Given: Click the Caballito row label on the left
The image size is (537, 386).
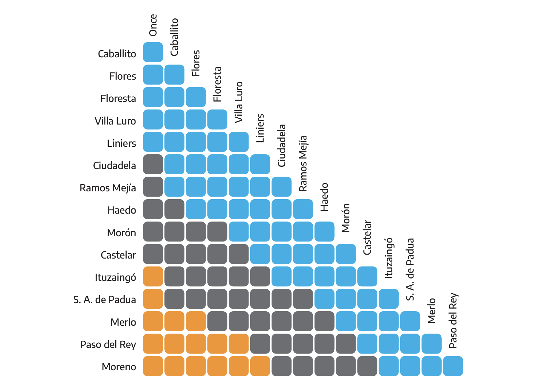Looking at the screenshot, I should pos(117,54).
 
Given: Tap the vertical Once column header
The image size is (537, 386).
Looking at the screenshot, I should pos(153,25).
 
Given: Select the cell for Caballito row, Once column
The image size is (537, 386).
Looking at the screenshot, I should pos(153,52).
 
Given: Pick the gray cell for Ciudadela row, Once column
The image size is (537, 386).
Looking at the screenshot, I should pos(153,164).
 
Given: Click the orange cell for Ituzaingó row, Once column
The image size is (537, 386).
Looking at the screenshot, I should pos(153,276).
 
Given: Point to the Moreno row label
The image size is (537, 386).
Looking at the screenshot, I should pos(119,367).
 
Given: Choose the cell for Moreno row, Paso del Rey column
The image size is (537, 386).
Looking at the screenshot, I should pos(453,366).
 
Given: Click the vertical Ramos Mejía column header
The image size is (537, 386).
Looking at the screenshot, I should pos(303,163).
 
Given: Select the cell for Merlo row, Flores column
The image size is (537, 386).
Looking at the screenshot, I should pos(196,321).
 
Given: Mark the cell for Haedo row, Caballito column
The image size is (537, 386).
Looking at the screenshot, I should pos(174,209).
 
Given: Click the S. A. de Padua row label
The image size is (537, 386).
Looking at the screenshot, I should pos(104,299).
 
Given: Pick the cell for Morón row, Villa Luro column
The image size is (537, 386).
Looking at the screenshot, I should pos(239,232).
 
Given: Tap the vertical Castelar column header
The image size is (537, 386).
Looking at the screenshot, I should pos(367,237).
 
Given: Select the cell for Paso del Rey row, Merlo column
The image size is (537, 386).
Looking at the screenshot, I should pos(432,344).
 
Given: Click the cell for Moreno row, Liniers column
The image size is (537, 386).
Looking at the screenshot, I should pos(260,366).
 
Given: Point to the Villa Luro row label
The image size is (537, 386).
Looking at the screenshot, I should pos(115,121).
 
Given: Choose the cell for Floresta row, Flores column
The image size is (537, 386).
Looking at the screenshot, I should pos(196,97).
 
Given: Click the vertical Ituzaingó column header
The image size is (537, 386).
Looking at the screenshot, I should pos(389,258).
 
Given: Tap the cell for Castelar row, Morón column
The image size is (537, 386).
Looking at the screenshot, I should pos(346,254).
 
